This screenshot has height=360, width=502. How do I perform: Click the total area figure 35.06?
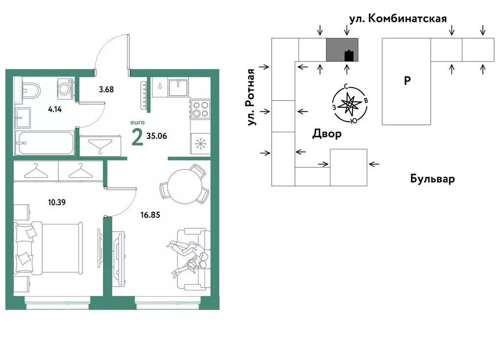[x=157, y=136]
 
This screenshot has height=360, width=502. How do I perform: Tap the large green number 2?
[x=137, y=138]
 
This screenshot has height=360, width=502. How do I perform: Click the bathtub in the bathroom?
[x=44, y=143]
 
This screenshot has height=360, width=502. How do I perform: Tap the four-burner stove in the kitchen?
[x=200, y=108]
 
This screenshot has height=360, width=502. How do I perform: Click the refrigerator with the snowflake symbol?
[x=200, y=144]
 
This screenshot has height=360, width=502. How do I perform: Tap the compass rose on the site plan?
[x=350, y=104]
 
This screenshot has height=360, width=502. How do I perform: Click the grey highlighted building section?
[x=342, y=49]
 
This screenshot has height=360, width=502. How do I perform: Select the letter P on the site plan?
[x=407, y=81]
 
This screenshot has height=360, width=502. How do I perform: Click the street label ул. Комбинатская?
[x=398, y=19]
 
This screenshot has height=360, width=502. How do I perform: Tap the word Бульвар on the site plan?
[x=432, y=179]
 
